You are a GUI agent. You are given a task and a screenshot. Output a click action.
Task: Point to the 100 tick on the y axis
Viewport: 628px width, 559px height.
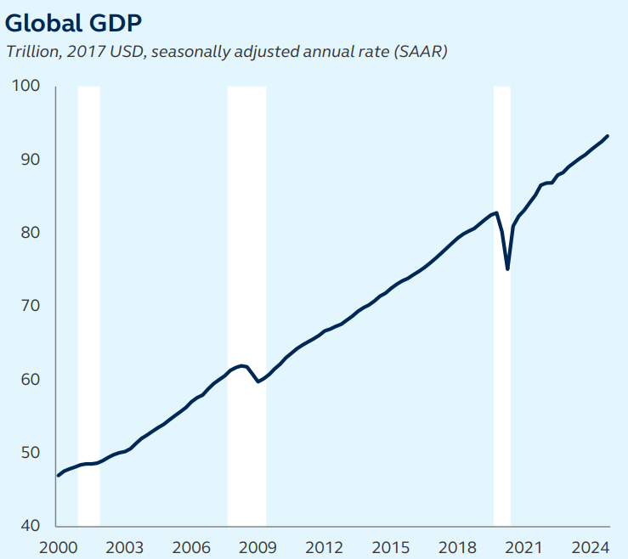coord(27,87)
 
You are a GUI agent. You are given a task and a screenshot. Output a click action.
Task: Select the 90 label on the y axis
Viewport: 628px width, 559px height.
coord(31,160)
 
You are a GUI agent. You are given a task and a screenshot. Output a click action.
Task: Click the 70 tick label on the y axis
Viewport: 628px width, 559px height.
coord(31,306)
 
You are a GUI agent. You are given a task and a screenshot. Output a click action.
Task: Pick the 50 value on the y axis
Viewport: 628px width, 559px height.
coord(31,453)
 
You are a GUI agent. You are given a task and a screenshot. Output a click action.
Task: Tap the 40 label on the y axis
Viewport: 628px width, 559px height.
coord(31,526)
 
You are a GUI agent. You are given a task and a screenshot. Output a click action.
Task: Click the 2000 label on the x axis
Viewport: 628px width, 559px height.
coord(58,546)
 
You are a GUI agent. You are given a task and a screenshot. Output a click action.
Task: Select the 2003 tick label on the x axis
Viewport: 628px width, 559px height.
coord(124,546)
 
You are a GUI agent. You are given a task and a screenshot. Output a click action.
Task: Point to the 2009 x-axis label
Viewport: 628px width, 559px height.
coord(257,546)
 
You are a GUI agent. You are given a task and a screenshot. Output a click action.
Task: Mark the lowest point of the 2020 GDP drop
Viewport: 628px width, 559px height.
coord(507,268)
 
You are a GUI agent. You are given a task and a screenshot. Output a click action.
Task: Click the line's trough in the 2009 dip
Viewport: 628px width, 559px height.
coord(258,382)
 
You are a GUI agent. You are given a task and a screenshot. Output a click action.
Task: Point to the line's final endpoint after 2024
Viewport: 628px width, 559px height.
coord(607,136)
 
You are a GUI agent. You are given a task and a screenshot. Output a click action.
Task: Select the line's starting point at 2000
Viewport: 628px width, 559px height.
coord(58,476)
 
